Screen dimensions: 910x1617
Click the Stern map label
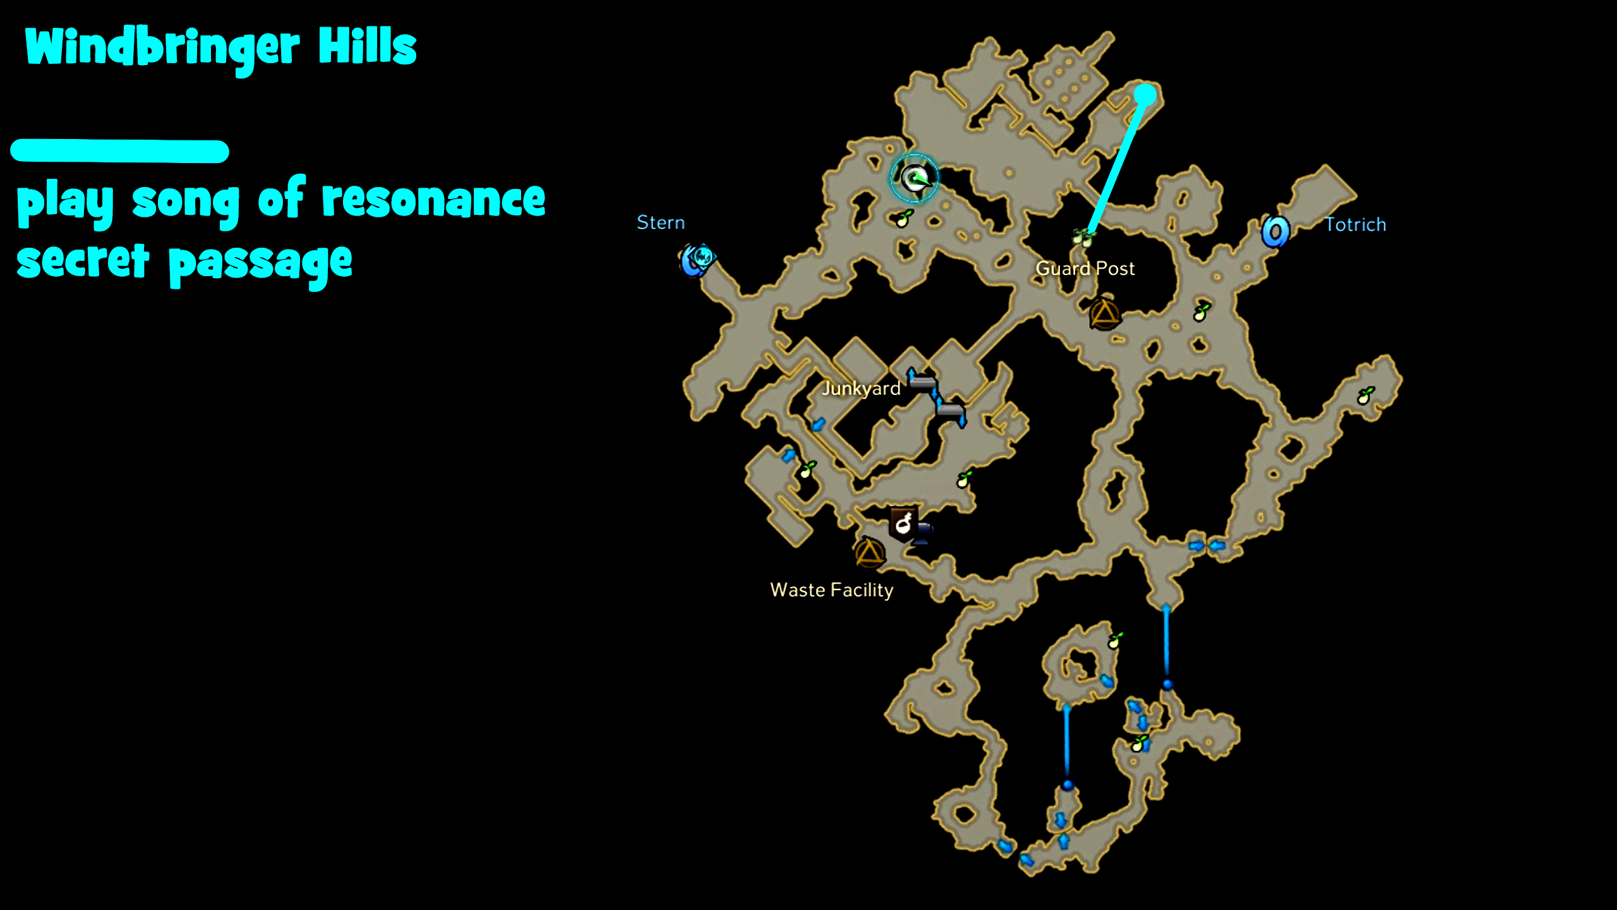point(660,222)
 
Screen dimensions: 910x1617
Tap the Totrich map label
point(1355,224)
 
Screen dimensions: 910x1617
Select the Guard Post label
point(1085,269)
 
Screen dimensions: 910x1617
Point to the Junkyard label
point(861,388)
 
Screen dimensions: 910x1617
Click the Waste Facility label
point(831,590)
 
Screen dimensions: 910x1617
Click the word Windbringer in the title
point(162,48)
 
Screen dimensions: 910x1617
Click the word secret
point(83,262)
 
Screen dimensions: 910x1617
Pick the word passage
point(260,264)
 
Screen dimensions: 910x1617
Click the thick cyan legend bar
point(119,151)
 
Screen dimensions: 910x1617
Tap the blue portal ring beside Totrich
point(1275,231)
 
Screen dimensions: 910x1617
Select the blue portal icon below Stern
point(697,259)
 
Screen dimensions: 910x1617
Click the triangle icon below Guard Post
point(1103,313)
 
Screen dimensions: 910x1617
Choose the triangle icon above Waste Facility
point(870,552)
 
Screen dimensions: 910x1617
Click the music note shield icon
point(903,523)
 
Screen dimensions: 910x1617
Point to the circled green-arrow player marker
point(914,178)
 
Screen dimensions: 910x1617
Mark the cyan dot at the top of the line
point(1145,95)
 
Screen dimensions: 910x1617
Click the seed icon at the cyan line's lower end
point(1083,237)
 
